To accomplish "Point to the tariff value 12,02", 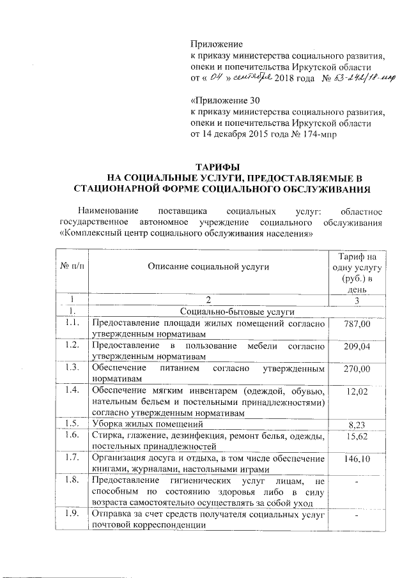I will click(x=357, y=392).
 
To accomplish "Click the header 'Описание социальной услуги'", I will click(x=208, y=266).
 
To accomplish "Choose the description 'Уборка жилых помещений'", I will click(x=146, y=423).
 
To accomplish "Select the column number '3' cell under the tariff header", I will click(x=357, y=301).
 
